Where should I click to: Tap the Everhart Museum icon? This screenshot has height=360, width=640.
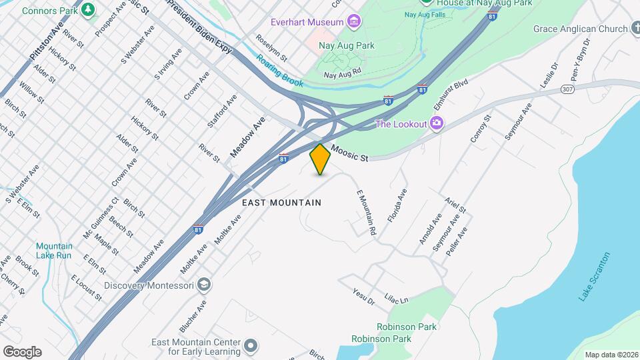353,23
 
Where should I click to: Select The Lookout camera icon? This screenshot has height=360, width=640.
437,123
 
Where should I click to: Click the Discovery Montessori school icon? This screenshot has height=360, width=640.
204,285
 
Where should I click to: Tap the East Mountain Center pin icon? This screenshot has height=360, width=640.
250,345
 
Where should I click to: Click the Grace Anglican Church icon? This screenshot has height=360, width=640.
634,29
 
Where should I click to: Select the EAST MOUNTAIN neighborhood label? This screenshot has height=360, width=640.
281,203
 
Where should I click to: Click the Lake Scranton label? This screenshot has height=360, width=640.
594,276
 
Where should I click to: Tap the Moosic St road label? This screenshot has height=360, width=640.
349,154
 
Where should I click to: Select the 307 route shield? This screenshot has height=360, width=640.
567,89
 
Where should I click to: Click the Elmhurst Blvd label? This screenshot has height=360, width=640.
451,95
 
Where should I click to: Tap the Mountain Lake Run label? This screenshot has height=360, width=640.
54,251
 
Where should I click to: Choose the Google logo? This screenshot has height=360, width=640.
22,351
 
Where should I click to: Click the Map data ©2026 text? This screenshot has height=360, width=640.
610,355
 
